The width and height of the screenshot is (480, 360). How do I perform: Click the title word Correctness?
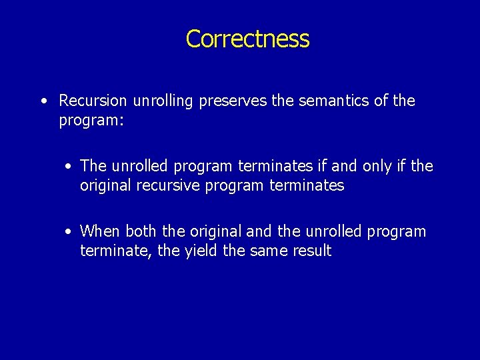coord(247,39)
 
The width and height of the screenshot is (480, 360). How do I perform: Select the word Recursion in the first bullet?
coord(93,101)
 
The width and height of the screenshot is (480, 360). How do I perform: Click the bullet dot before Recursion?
coord(43,101)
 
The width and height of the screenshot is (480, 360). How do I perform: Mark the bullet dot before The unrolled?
coord(69,166)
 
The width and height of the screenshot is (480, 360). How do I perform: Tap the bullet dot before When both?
coord(69,231)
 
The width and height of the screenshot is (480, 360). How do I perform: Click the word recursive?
coord(169,186)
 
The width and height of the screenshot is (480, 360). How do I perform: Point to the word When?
coord(99,231)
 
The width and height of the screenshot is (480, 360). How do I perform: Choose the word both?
coord(140,231)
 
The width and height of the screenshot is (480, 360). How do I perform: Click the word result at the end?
coord(311,251)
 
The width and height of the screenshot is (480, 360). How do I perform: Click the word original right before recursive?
coord(107,186)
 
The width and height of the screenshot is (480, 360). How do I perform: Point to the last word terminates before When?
coord(307,186)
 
